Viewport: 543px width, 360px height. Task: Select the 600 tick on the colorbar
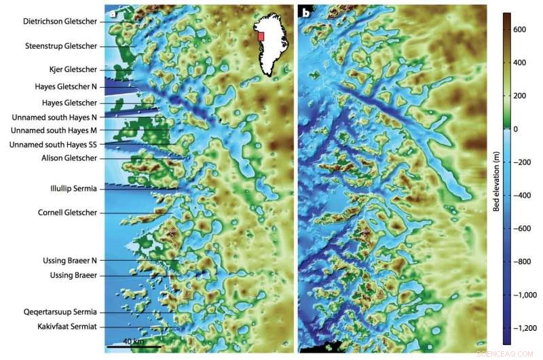(521, 29)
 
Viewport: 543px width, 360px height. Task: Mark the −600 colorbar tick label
(523, 228)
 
